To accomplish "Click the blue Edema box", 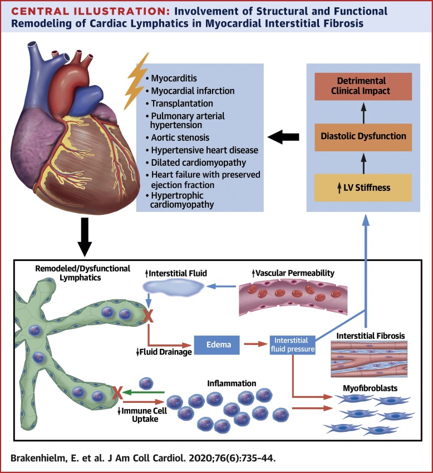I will click(218, 345).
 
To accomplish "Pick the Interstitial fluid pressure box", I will click(292, 345).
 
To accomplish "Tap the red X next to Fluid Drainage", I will click(149, 317).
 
